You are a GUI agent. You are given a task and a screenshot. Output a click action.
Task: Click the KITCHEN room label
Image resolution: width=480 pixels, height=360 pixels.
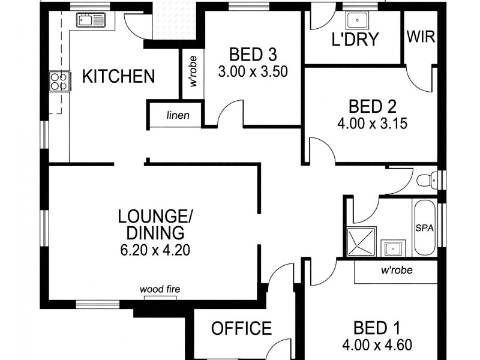click(x=118, y=76)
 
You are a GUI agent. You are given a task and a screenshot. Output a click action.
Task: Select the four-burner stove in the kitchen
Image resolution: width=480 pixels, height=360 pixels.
click(x=59, y=81)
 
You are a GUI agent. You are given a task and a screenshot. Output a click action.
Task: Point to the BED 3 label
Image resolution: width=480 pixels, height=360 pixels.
click(x=252, y=55)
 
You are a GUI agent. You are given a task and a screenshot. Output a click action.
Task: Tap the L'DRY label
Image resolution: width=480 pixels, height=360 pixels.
click(x=355, y=40)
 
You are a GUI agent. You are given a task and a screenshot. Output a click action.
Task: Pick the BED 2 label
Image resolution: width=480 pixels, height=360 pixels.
click(x=372, y=107)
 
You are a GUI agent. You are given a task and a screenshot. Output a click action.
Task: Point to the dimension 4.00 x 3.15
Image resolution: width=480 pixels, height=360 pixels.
click(x=372, y=124)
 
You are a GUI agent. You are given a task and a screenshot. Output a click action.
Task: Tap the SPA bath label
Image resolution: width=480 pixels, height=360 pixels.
click(x=424, y=229)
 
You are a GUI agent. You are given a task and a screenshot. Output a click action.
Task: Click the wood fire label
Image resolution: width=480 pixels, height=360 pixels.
click(x=160, y=290)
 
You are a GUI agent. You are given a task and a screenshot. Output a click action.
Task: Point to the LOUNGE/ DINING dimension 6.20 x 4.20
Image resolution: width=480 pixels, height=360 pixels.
click(x=155, y=250)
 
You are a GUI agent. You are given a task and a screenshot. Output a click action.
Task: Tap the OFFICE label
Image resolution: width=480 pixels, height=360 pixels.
click(x=241, y=328)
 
